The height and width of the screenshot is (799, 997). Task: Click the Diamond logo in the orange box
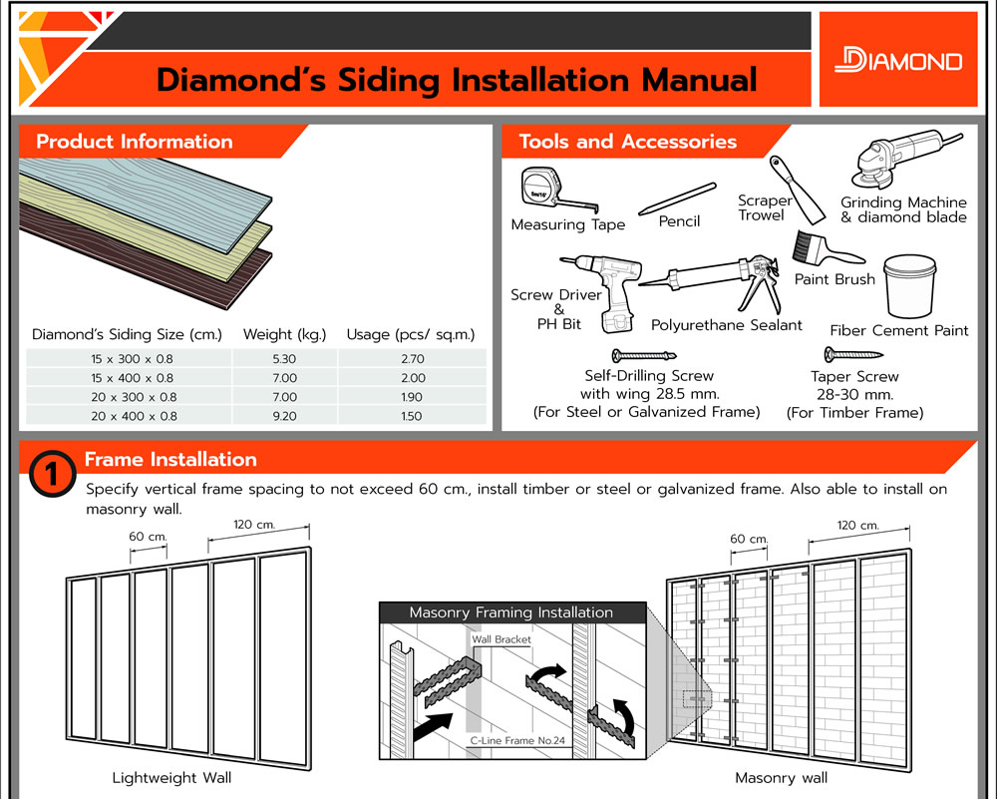[x=897, y=60]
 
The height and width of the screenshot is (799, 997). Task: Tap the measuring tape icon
[x=546, y=190]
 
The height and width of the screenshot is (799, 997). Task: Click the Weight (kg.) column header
[x=283, y=334]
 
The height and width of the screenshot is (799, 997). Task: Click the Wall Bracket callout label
[x=501, y=639]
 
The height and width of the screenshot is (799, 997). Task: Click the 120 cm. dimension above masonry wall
[x=856, y=526]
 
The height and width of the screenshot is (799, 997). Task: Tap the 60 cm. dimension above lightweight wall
[x=148, y=537]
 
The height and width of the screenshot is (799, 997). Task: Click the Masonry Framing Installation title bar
[x=511, y=612]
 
